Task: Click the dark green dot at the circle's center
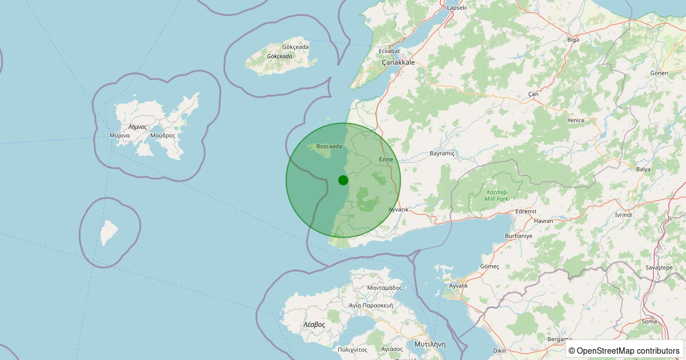click(x=343, y=180)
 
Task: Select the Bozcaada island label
click(x=329, y=146)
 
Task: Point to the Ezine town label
click(x=386, y=159)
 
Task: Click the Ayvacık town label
click(x=398, y=210)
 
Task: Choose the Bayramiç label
click(x=442, y=154)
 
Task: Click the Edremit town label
click(x=526, y=211)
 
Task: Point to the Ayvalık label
click(x=458, y=285)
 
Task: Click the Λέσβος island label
click(x=313, y=324)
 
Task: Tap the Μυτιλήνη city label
click(x=426, y=345)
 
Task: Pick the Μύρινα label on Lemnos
click(x=119, y=135)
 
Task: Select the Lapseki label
click(x=457, y=7)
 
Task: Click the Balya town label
click(x=643, y=169)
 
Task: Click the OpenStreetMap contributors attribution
click(x=624, y=350)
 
